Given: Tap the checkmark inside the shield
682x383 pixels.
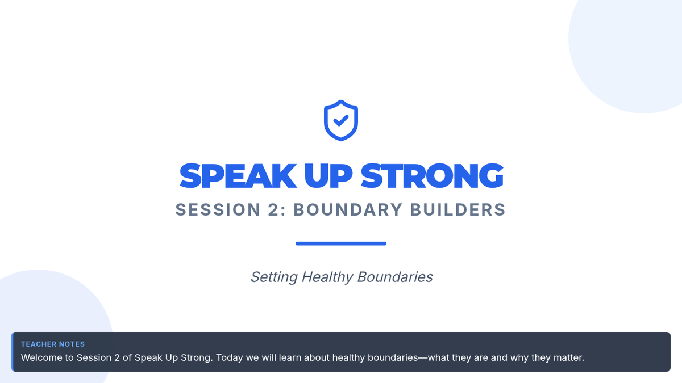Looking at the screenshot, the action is [x=341, y=120].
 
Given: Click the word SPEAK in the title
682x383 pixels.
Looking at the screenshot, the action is [x=238, y=176].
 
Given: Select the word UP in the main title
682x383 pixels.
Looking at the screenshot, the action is [x=328, y=176].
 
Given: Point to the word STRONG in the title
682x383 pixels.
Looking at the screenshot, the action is [x=432, y=176].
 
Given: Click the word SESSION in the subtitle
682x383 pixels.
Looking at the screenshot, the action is [x=218, y=210].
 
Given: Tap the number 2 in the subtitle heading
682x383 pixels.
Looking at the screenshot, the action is [x=273, y=210].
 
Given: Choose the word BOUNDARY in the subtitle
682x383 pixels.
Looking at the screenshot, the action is [x=348, y=210].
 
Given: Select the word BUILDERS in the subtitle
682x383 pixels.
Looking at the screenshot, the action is [x=458, y=210].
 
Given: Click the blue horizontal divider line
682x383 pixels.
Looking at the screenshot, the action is [x=341, y=243].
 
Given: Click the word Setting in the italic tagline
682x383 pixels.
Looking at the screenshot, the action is [x=274, y=277].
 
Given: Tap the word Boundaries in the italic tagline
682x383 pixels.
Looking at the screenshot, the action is [x=395, y=277].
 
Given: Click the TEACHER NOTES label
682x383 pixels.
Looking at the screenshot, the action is [x=53, y=344].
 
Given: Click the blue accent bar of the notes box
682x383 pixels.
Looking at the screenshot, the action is [x=13, y=352].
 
